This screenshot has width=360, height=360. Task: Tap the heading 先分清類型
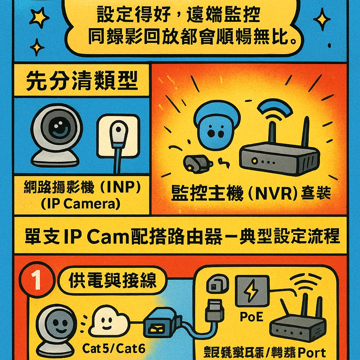click(x=82, y=83)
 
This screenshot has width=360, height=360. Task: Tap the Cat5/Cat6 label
click(x=114, y=348)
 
